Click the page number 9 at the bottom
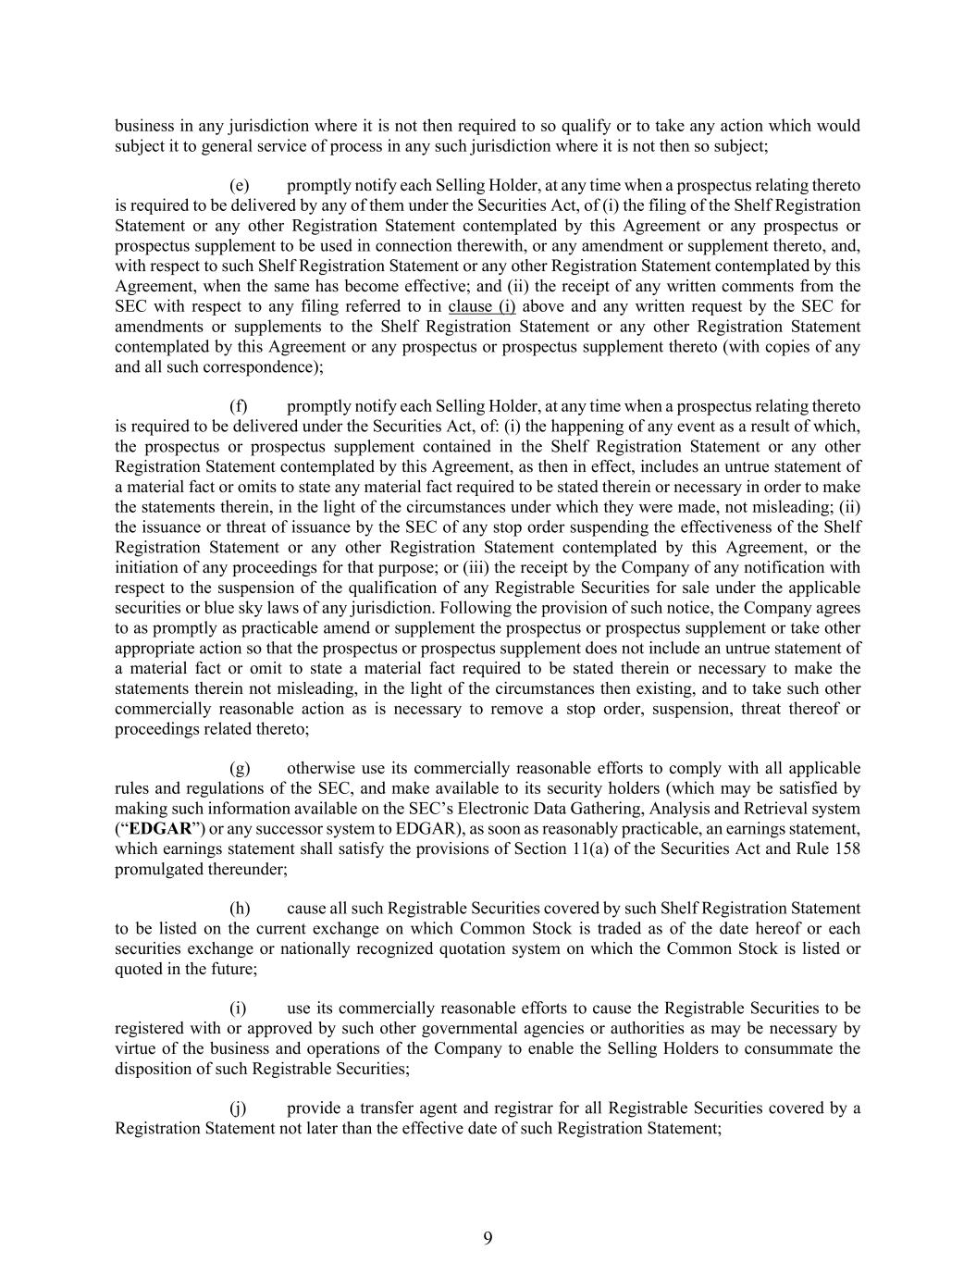488,1238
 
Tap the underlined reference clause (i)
481,306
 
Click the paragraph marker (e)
239,185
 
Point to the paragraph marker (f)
239,406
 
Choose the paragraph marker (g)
240,768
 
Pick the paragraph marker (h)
240,909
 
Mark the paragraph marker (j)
238,1108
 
